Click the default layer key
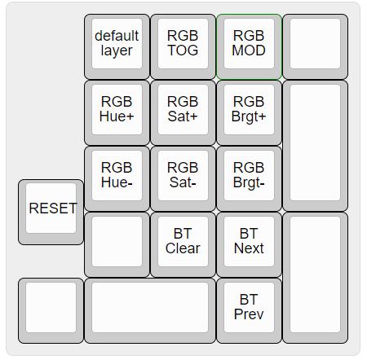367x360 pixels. (x=117, y=46)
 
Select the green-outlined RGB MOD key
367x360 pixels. (x=249, y=46)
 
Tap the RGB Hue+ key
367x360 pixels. (x=117, y=112)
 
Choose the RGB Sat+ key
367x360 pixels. (x=183, y=112)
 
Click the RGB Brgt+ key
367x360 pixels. (x=249, y=112)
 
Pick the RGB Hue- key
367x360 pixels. (x=117, y=178)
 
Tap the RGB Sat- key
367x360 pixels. (x=183, y=178)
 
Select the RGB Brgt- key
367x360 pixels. (x=249, y=178)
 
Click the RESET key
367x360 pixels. (x=51, y=212)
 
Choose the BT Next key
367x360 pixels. (x=249, y=244)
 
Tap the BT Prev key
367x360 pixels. (x=249, y=310)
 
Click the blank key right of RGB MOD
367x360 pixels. (x=315, y=46)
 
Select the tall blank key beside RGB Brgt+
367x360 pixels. (x=315, y=146)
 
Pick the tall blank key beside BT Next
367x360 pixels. (x=315, y=278)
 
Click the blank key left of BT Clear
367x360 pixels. (x=117, y=244)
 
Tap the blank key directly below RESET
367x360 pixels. (x=51, y=310)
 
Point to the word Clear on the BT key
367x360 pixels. (x=183, y=248)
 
